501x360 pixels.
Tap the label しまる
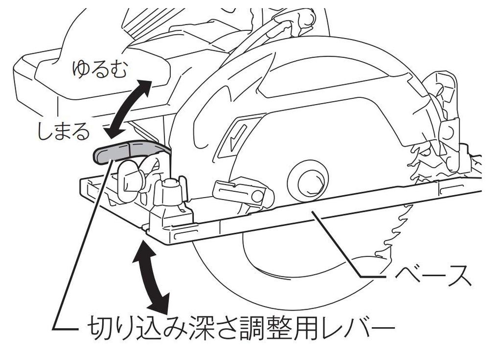[64, 130]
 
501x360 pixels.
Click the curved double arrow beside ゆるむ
[128, 110]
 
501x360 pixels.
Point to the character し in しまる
[45, 130]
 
